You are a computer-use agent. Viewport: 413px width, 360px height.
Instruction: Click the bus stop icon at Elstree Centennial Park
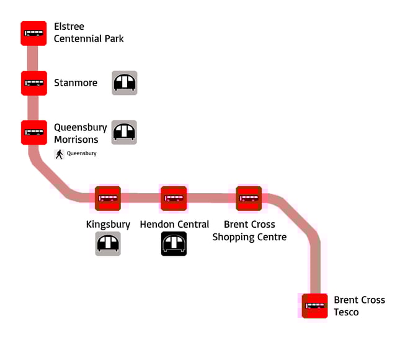[x=33, y=33]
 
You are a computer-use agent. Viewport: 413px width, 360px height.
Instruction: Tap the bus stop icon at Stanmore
[x=33, y=83]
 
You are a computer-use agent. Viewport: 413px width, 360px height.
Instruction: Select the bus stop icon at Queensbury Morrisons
[x=33, y=132]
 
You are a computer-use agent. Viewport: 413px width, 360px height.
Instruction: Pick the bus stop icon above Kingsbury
[x=108, y=198]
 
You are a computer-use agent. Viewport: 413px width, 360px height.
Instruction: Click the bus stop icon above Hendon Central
[x=174, y=198]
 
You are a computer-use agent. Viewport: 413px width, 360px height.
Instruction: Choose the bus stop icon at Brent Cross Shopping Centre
[x=249, y=198]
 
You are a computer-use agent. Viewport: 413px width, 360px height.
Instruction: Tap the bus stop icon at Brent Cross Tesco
[x=315, y=306]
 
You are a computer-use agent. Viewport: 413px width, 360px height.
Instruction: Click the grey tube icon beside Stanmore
[x=124, y=83]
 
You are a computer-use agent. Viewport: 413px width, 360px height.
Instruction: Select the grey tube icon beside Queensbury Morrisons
[x=124, y=132]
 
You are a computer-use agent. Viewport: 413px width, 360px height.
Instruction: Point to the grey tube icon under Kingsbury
[x=108, y=243]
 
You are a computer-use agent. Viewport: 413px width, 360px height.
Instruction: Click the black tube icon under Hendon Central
[x=174, y=243]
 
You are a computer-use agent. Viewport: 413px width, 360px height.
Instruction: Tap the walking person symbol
[x=60, y=154]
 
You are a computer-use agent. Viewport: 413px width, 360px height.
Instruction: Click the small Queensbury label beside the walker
[x=82, y=153]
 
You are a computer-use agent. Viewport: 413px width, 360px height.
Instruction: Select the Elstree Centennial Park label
[x=88, y=33]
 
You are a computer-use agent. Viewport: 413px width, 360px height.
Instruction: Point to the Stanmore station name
[x=76, y=83]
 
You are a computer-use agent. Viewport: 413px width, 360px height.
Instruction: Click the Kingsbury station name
[x=108, y=224]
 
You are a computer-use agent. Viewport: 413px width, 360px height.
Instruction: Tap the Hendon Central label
[x=174, y=224]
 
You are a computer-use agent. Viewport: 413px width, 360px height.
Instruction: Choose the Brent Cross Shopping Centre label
[x=249, y=230]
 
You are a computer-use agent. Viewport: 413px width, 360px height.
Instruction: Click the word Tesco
[x=346, y=312]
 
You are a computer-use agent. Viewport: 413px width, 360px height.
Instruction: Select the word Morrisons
[x=76, y=140]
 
